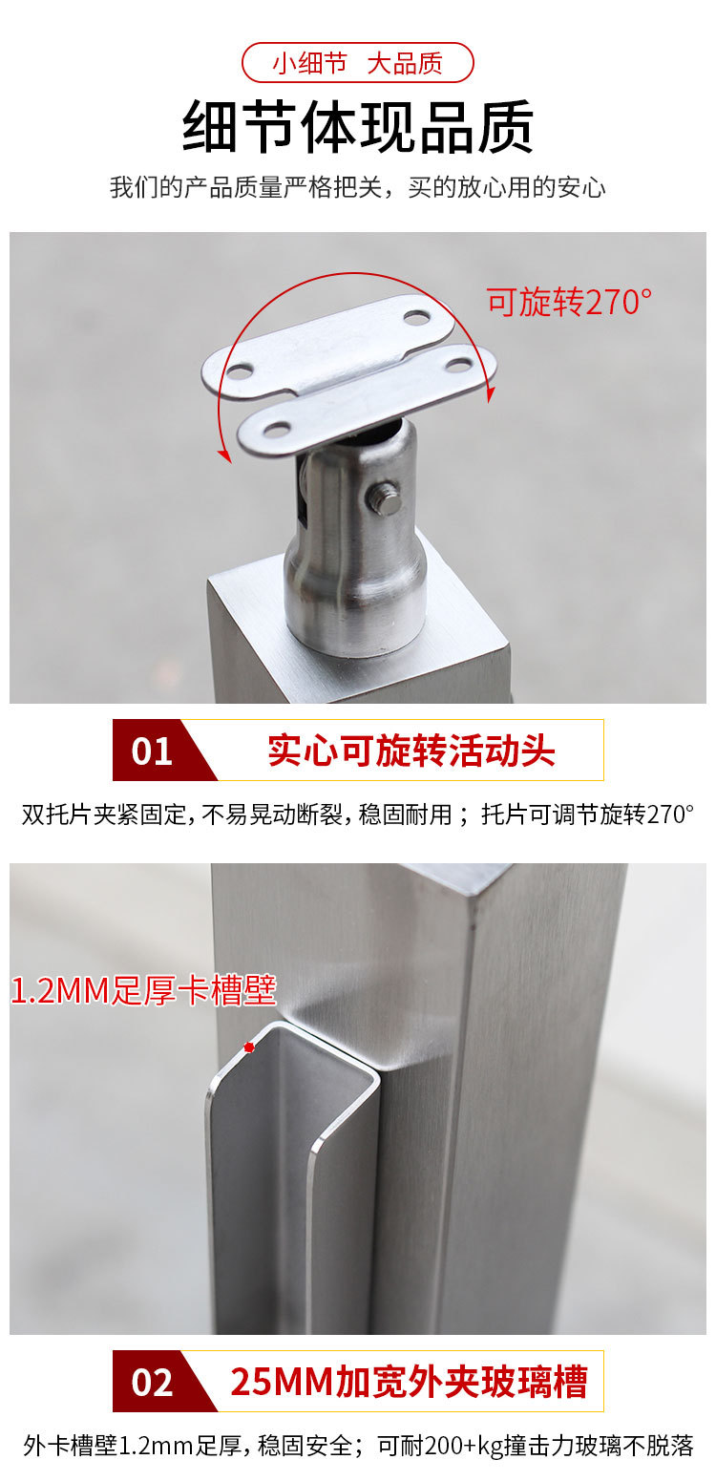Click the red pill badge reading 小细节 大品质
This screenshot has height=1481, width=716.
(358, 63)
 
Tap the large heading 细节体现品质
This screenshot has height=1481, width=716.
(358, 126)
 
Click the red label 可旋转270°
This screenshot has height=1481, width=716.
(569, 302)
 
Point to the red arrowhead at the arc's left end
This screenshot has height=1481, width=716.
(224, 455)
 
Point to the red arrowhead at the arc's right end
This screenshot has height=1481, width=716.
(491, 394)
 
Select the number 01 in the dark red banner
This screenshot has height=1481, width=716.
(152, 751)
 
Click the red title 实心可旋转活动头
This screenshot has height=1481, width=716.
(411, 751)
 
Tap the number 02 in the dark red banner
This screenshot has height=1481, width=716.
(152, 1382)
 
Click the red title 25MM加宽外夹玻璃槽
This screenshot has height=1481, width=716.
(409, 1381)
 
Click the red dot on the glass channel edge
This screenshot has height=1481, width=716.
(249, 1047)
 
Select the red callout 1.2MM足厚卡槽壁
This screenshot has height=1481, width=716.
(143, 990)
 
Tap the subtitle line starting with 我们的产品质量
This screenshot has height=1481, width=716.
(358, 188)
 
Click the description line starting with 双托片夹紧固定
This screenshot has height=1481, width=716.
(358, 814)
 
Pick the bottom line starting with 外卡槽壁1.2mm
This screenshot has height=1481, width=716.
(358, 1446)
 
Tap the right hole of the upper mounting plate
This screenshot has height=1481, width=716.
(416, 318)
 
